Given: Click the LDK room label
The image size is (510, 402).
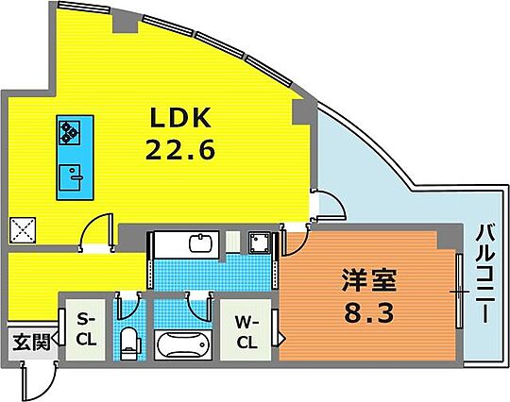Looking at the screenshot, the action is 180,118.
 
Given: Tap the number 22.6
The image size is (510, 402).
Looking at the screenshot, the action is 180,149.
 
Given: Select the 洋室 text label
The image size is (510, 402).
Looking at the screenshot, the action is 369,280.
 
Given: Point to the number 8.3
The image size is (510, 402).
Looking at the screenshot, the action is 369,312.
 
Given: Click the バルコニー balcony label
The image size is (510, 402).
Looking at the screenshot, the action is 485,274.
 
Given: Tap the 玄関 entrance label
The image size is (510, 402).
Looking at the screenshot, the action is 31,343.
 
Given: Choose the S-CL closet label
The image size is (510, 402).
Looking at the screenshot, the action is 86,330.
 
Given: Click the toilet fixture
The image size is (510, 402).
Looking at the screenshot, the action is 130,343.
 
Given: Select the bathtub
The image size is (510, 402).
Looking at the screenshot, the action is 183,345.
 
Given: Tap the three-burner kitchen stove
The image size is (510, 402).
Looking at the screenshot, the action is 70,133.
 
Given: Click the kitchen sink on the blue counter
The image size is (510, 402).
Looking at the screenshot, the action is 70,177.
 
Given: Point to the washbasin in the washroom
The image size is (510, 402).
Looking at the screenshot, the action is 200,243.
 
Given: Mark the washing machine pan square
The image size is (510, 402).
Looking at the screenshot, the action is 260,243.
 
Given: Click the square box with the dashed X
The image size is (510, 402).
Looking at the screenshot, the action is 23,230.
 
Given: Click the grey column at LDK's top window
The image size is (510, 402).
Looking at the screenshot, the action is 126,23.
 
